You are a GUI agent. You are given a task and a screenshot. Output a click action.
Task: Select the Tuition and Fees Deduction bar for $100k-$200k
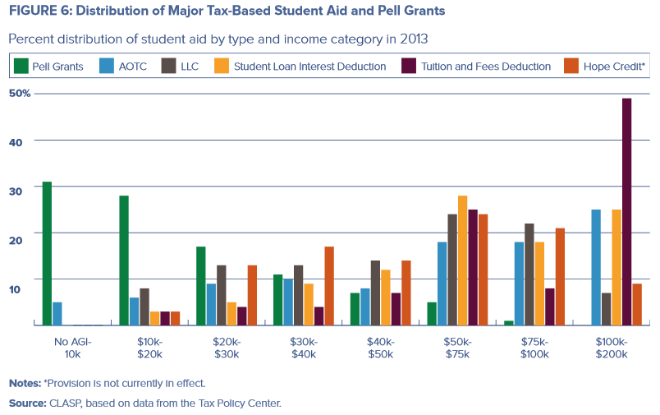tap(626, 212)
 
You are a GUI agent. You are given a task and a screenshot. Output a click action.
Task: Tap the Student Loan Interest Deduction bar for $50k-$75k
tap(462, 261)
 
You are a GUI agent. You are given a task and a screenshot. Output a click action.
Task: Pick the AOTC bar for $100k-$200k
tap(595, 267)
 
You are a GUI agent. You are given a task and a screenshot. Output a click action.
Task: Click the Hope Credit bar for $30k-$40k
tap(329, 286)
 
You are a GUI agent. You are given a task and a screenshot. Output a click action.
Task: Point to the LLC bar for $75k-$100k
tap(529, 274)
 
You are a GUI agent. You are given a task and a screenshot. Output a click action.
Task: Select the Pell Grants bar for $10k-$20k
tap(124, 261)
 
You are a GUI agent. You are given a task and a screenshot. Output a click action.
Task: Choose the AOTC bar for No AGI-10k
tap(57, 313)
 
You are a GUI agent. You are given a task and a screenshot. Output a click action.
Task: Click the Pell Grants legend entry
tap(58, 66)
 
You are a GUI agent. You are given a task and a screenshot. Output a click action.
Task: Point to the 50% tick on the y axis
tap(21, 94)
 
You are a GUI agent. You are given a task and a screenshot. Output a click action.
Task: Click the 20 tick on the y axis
tap(25, 233)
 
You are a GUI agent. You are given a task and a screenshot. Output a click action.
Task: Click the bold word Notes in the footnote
tap(24, 383)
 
